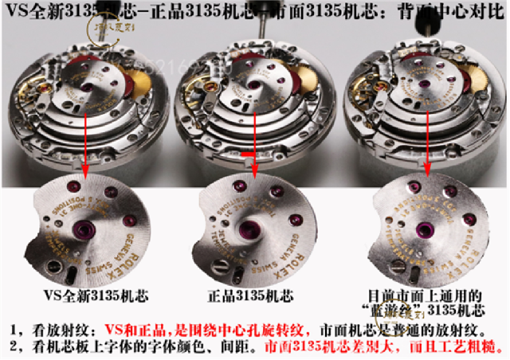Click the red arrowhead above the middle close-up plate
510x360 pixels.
[254, 172]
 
